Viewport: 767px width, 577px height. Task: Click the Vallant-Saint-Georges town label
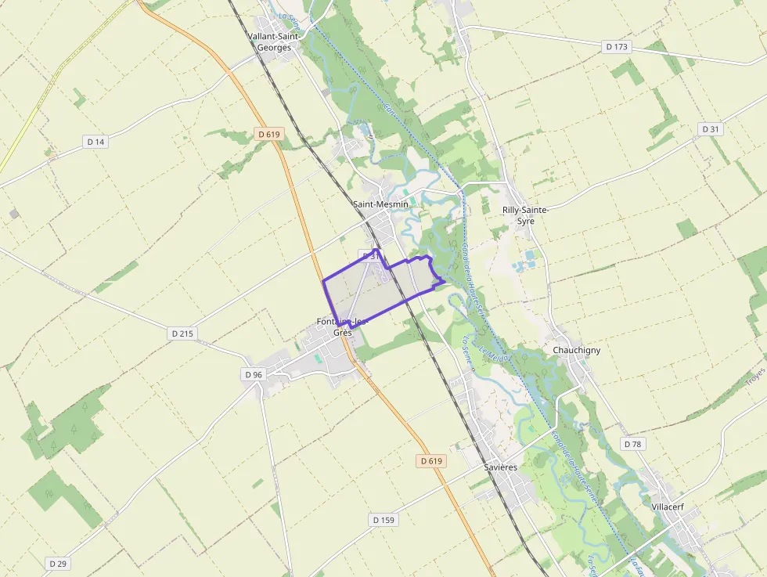click(x=269, y=41)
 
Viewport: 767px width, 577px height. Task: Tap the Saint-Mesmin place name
click(x=380, y=204)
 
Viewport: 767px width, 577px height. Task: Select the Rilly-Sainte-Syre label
click(x=526, y=215)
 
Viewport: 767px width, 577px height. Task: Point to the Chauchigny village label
click(x=576, y=350)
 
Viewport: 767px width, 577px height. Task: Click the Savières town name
click(x=500, y=467)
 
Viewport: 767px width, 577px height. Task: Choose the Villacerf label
click(x=668, y=507)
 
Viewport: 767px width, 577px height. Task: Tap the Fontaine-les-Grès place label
click(x=343, y=326)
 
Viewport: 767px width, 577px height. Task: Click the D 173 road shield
click(x=617, y=47)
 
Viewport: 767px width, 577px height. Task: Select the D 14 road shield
click(x=95, y=141)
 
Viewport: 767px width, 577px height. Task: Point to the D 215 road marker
click(x=182, y=334)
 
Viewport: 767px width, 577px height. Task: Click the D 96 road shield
click(x=254, y=374)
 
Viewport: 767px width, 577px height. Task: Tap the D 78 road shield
click(x=632, y=444)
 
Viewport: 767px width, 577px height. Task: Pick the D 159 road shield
click(x=383, y=520)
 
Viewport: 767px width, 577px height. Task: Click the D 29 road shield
click(x=58, y=564)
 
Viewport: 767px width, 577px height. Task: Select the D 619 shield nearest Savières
click(x=431, y=461)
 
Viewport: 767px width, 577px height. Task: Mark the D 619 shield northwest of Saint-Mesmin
click(x=268, y=135)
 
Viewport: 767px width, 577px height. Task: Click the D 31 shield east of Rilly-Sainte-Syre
click(x=710, y=129)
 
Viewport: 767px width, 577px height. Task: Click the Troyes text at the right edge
click(x=754, y=377)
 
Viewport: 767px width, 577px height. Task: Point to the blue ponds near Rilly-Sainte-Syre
click(x=528, y=258)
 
